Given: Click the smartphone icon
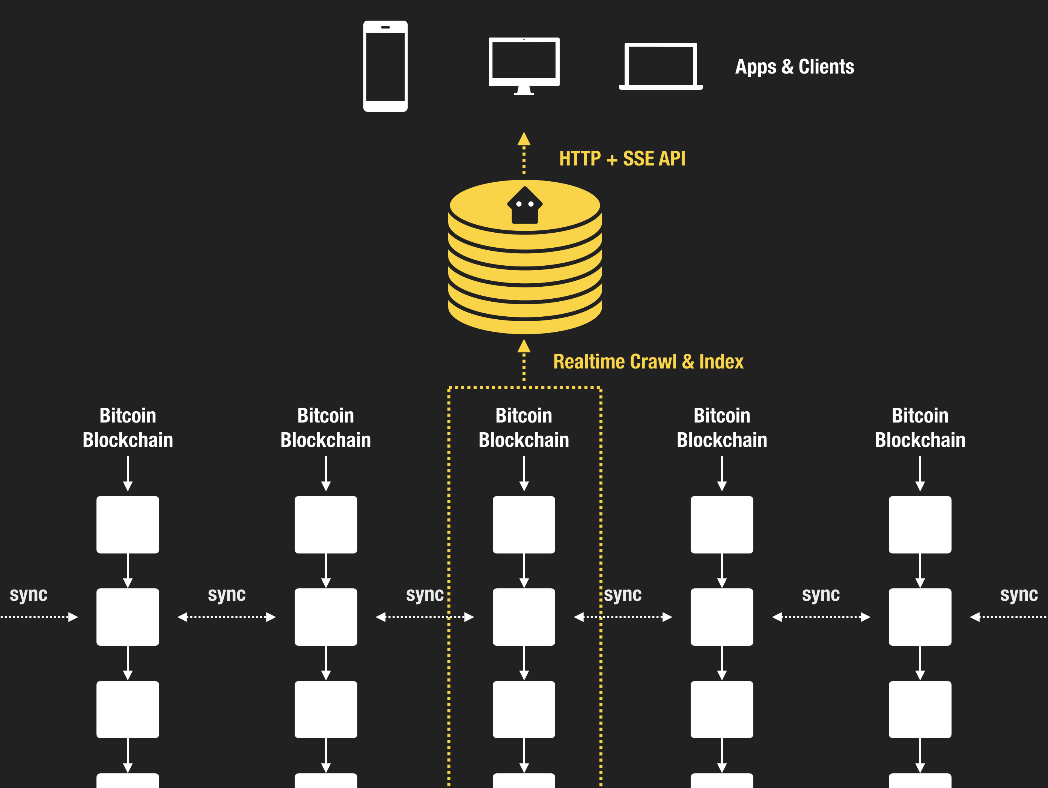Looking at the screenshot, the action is pyautogui.click(x=385, y=66).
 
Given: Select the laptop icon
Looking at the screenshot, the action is pyautogui.click(x=661, y=66).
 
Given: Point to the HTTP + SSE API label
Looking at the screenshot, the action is pyautogui.click(x=622, y=159).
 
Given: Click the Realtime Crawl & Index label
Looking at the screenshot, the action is pyautogui.click(x=648, y=362).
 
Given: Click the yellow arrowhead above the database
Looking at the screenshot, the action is pyautogui.click(x=524, y=139).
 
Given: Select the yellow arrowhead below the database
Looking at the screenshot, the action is pyautogui.click(x=524, y=346).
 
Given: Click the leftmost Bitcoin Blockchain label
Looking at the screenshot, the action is pyautogui.click(x=128, y=428).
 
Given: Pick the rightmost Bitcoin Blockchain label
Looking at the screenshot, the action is pyautogui.click(x=920, y=428).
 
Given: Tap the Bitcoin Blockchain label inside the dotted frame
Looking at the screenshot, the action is pyautogui.click(x=524, y=428).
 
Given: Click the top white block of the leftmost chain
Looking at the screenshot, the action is pyautogui.click(x=128, y=524).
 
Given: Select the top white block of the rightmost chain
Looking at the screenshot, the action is pyautogui.click(x=920, y=524).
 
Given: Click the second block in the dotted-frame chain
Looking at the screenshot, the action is pyautogui.click(x=524, y=617).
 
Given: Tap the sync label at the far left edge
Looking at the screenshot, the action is pyautogui.click(x=29, y=594).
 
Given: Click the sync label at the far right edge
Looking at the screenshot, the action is pyautogui.click(x=1019, y=594).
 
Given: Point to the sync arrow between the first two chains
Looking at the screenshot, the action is pyautogui.click(x=226, y=617).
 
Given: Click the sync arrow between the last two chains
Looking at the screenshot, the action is pyautogui.click(x=821, y=617).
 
